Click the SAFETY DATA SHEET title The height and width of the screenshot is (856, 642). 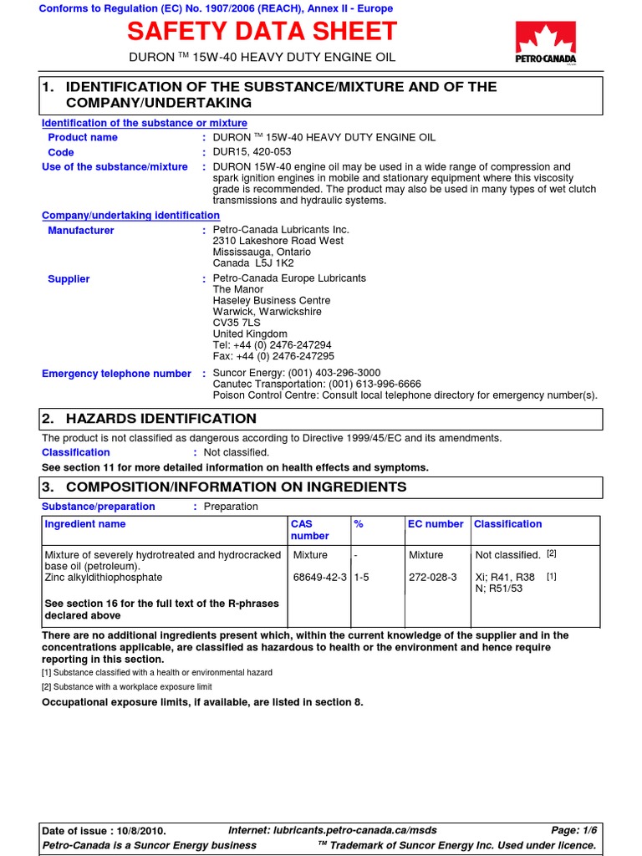pyautogui.click(x=262, y=32)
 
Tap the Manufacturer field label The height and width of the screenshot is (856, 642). pyautogui.click(x=81, y=231)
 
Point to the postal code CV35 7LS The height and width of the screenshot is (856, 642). pyautogui.click(x=237, y=323)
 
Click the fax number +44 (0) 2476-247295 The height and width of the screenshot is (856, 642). pyautogui.click(x=273, y=355)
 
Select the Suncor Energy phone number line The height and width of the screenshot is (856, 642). pyautogui.click(x=297, y=373)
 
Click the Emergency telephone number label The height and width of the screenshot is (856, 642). pyautogui.click(x=116, y=374)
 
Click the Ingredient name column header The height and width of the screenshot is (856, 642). pyautogui.click(x=85, y=524)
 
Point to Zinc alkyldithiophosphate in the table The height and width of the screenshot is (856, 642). pyautogui.click(x=104, y=578)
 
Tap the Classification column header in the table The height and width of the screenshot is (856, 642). pyautogui.click(x=507, y=524)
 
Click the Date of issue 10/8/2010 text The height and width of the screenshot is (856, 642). pyautogui.click(x=104, y=831)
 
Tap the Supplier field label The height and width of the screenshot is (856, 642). pyautogui.click(x=69, y=279)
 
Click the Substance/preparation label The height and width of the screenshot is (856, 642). pyautogui.click(x=99, y=507)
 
